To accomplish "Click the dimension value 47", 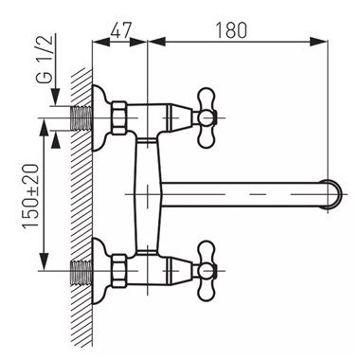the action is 120,30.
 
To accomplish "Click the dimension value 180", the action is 231,30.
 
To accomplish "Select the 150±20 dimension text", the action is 30,196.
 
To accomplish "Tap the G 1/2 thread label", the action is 45,59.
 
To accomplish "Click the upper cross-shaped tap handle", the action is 207,118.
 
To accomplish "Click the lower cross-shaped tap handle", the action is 207,271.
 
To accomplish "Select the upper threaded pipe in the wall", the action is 82,118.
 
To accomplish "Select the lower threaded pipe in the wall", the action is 82,271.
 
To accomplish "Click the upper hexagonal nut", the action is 119,118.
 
